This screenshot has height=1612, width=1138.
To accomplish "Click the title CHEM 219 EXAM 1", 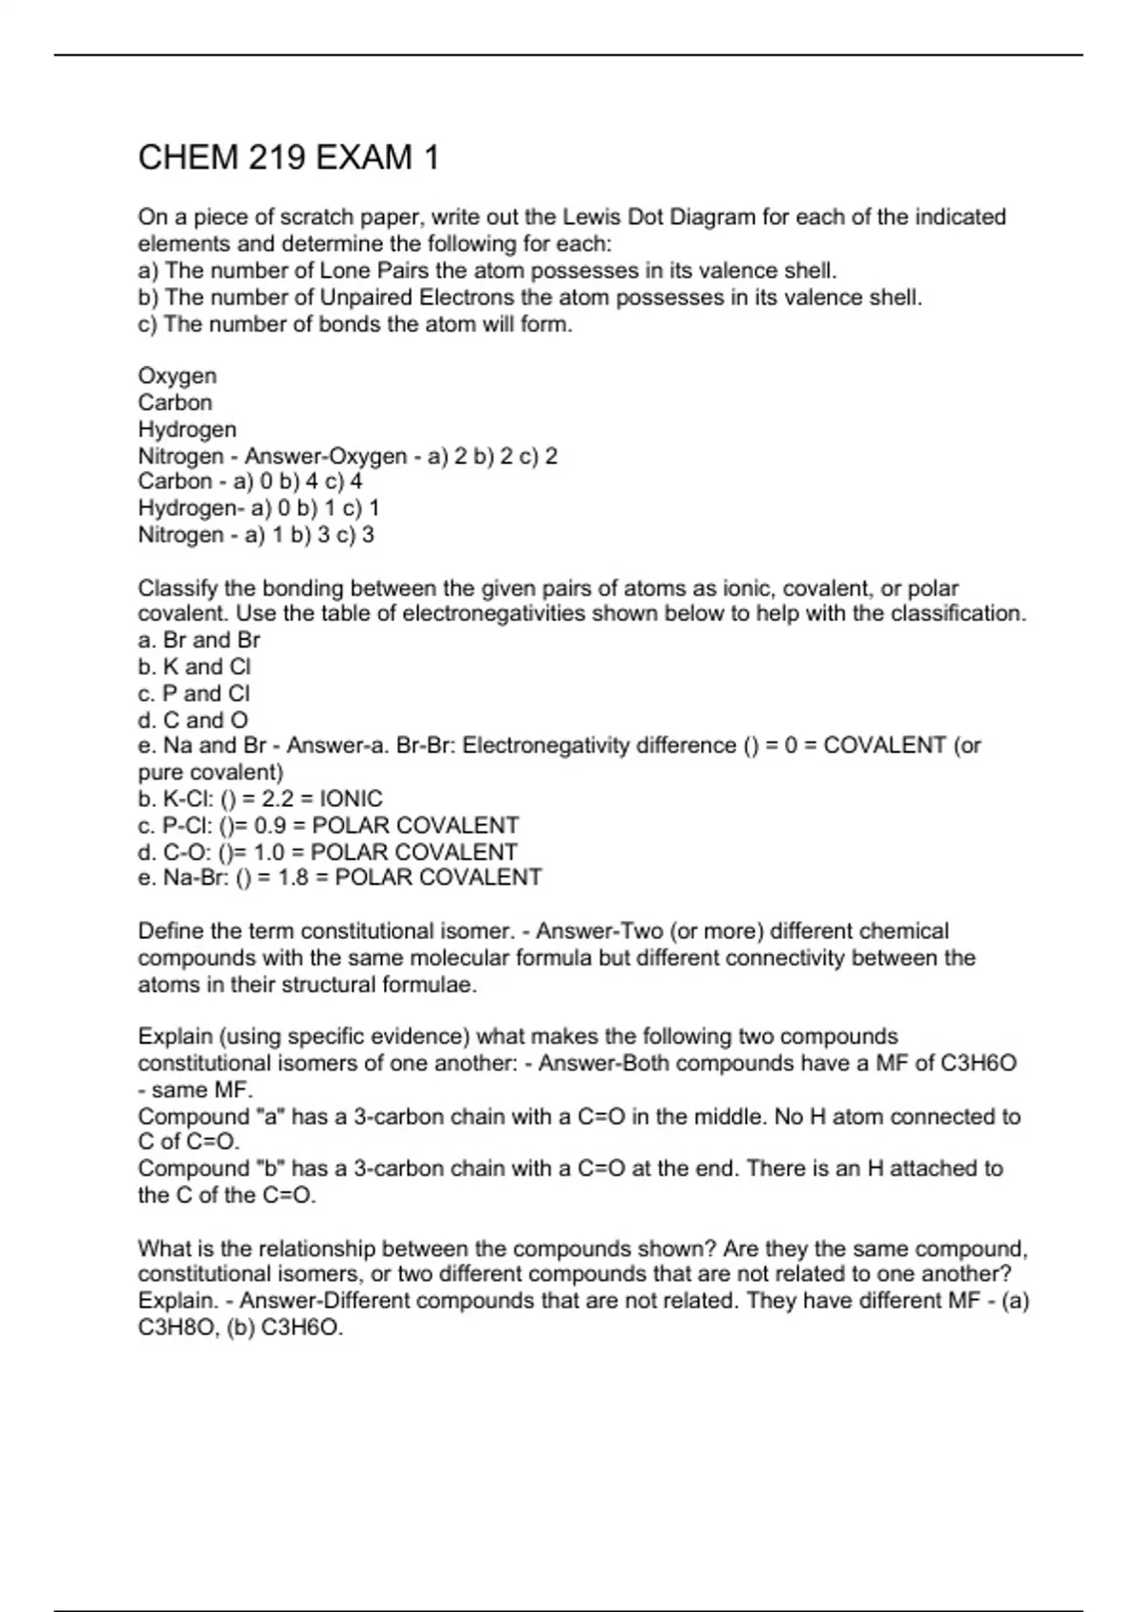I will click(x=288, y=157).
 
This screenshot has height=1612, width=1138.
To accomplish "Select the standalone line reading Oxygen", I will click(x=177, y=376).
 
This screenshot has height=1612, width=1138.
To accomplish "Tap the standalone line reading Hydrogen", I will click(x=187, y=429).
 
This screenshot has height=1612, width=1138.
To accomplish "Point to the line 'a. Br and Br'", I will click(x=198, y=640).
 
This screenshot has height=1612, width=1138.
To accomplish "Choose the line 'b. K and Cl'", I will click(x=194, y=667).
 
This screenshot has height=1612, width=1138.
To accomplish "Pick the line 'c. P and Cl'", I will click(x=194, y=693).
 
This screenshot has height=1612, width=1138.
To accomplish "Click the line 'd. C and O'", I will click(x=193, y=720).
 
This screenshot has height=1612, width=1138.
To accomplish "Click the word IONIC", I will click(x=352, y=798).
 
